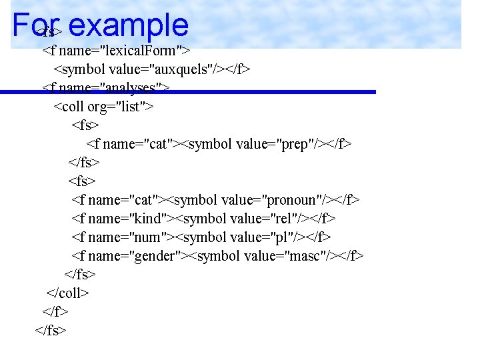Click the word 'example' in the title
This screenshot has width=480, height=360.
tap(128, 25)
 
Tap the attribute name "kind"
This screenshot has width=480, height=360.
tap(150, 218)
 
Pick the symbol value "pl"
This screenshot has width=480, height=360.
tap(284, 237)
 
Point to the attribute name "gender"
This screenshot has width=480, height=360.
tap(158, 255)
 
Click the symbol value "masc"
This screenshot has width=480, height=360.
tap(307, 255)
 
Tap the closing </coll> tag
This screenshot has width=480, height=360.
tap(67, 293)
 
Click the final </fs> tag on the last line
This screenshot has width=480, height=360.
tap(51, 329)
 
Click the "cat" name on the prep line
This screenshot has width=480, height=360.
tap(157, 143)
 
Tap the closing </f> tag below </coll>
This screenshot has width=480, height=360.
tap(55, 311)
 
